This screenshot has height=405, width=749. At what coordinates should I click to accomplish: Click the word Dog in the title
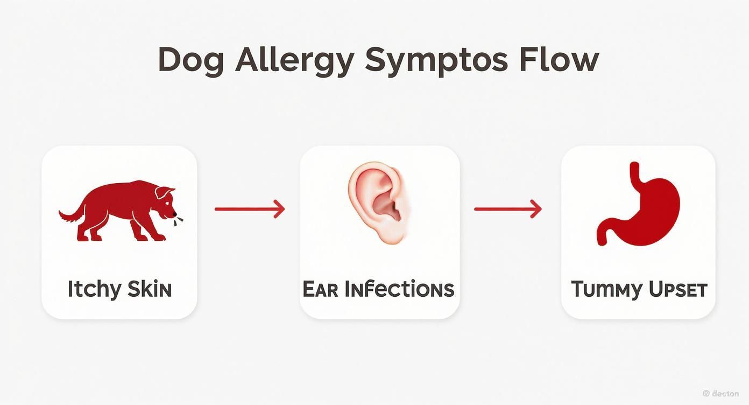pos(192,60)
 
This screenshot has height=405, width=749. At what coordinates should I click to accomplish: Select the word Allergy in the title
pos(295,60)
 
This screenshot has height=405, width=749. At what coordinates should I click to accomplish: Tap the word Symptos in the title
pos(436,60)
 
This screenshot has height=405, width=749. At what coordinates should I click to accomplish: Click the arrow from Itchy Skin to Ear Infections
pos(249,209)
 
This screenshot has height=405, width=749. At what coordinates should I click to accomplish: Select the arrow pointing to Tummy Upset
pos(507,209)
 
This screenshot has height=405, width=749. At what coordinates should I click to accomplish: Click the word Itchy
pos(94,290)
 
